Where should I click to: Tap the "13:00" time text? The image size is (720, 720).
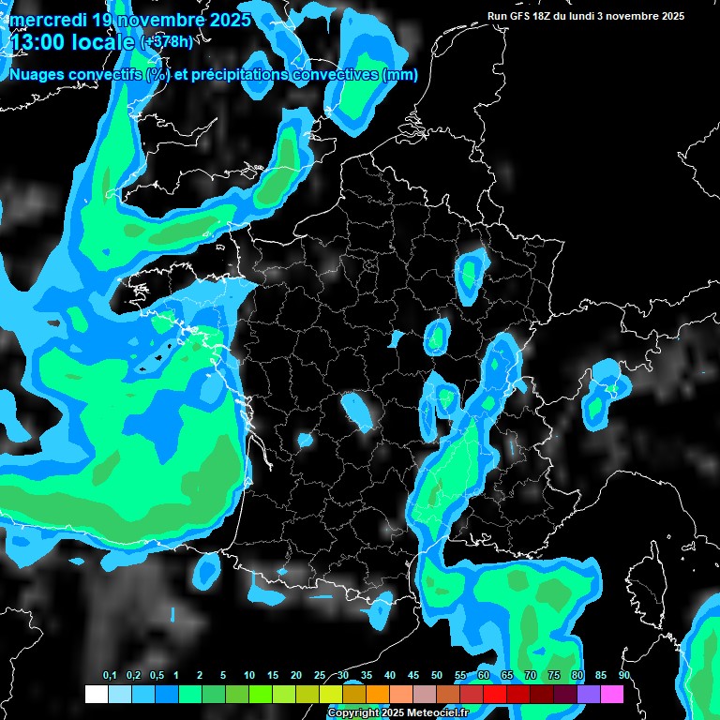click(38, 41)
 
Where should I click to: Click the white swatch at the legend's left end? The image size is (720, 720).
click(96, 694)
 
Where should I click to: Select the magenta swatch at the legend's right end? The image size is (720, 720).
click(611, 694)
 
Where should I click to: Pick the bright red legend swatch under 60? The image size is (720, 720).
click(494, 694)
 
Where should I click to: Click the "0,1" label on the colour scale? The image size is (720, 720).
click(110, 676)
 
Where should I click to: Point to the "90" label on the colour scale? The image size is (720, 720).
click(623, 676)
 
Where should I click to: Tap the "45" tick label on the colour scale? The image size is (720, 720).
click(413, 676)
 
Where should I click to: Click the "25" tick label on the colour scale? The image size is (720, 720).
click(320, 676)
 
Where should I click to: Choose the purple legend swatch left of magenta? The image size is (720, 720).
click(588, 694)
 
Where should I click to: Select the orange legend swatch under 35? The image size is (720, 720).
click(377, 694)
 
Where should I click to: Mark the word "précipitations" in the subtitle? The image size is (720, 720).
click(238, 75)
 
